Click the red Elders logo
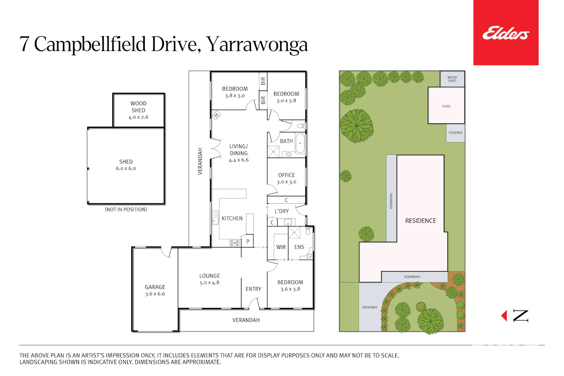[x=506, y=32]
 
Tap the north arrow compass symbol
[x=515, y=316]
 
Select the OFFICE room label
[x=287, y=175]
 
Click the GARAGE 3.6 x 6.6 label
[x=155, y=290]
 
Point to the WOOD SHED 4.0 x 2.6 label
[x=138, y=110]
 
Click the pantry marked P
[x=248, y=241]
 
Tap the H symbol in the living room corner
[x=216, y=115]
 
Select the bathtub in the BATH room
[x=300, y=143]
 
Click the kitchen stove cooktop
[x=234, y=243]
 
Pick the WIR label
[x=281, y=247]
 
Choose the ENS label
[x=299, y=247]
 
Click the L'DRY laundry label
[x=282, y=211]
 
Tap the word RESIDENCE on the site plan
[x=420, y=221]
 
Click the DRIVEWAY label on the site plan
[x=370, y=307]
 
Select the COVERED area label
[x=455, y=133]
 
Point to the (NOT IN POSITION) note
[x=126, y=209]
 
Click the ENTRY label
[x=253, y=289]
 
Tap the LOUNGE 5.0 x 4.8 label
[x=209, y=279]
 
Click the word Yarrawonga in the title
[x=257, y=44]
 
